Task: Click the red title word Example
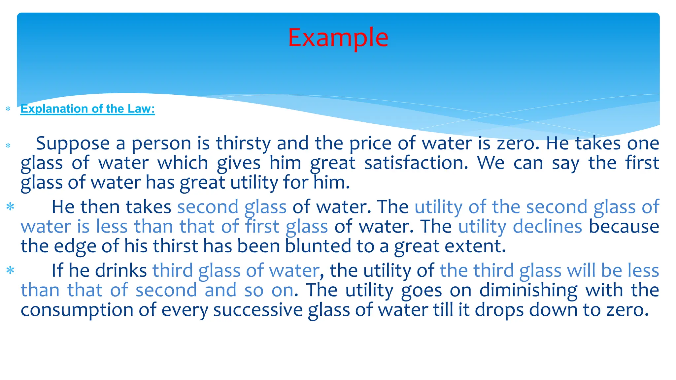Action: (338, 38)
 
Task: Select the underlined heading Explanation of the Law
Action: (87, 109)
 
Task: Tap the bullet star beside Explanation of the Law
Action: (8, 109)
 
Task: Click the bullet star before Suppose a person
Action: (8, 145)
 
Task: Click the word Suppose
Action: (73, 144)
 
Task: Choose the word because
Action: (624, 227)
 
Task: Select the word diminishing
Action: (528, 290)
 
